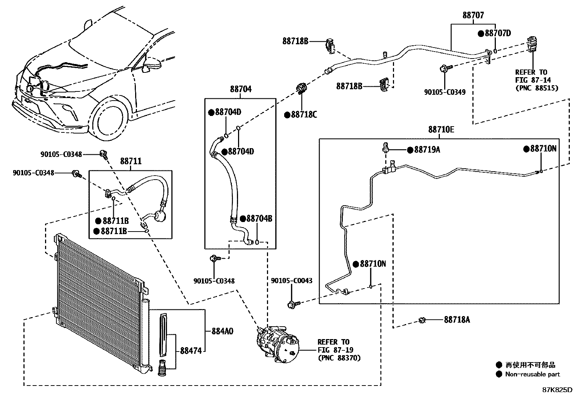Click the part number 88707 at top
(x=473, y=15)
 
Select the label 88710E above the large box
(x=441, y=129)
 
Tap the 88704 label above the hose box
(x=241, y=89)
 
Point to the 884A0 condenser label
(x=222, y=331)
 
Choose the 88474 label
(x=190, y=351)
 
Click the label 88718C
(x=304, y=115)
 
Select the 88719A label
(x=427, y=150)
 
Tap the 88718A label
(x=457, y=320)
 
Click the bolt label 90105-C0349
(x=445, y=92)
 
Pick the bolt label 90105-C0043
(x=291, y=281)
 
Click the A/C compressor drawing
(x=278, y=344)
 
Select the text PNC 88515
(x=536, y=88)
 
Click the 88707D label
(x=497, y=33)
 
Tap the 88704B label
(x=259, y=219)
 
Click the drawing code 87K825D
(x=557, y=390)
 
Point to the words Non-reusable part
(x=532, y=374)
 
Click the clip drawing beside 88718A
(x=422, y=320)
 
